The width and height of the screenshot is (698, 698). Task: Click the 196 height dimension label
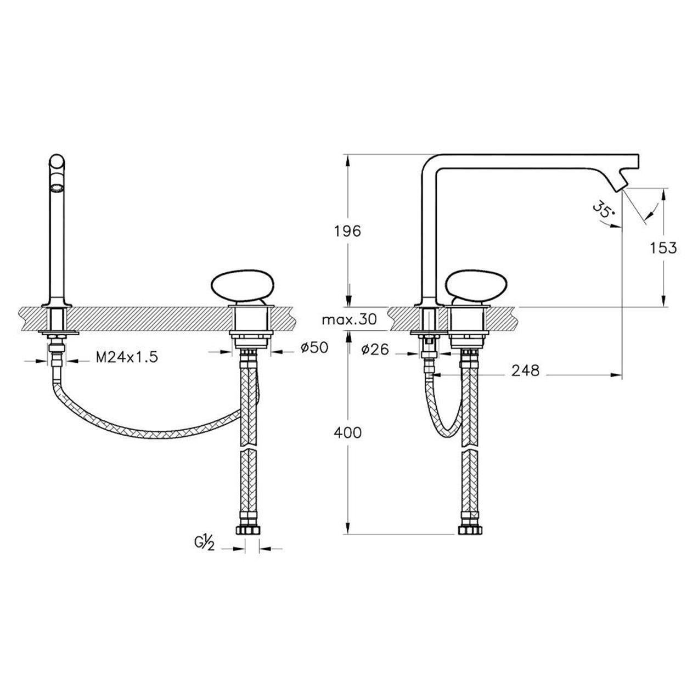point(347,230)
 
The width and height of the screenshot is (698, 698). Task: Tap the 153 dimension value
point(663,248)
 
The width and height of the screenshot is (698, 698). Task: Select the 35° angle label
point(604,211)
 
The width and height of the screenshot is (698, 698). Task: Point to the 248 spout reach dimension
point(525,370)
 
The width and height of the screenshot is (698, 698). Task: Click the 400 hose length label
point(347,432)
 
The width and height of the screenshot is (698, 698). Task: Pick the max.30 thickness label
point(350,319)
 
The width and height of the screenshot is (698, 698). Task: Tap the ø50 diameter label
point(314,347)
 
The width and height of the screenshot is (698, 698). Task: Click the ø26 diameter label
point(375,349)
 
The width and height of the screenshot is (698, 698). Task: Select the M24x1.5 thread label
point(127,357)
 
